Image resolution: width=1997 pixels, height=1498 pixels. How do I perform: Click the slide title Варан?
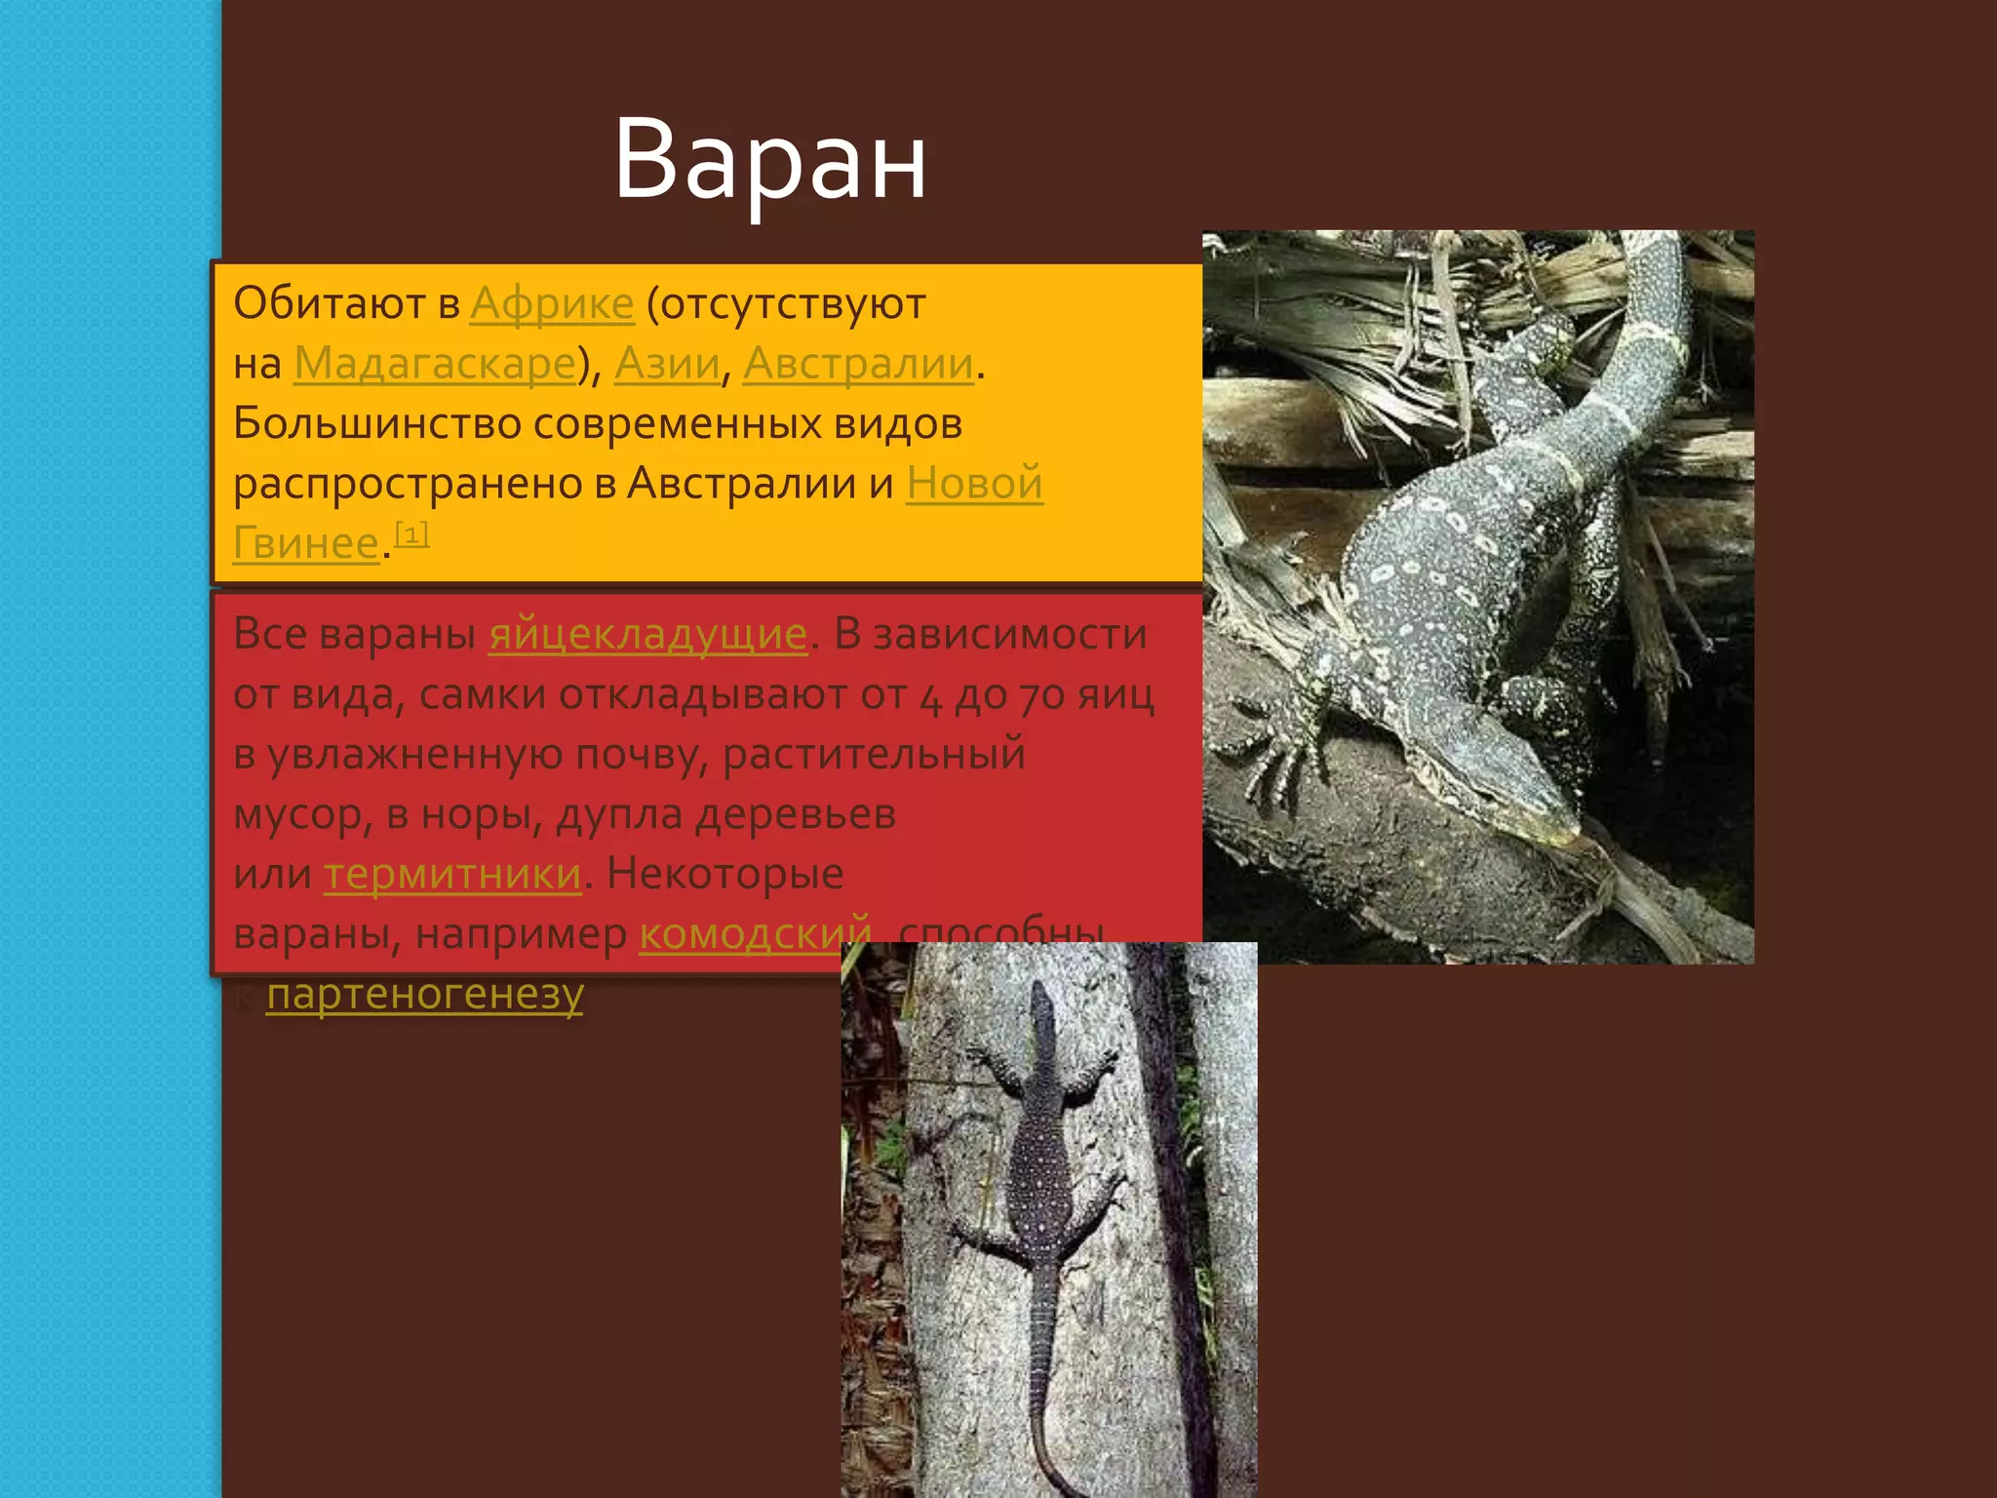click(769, 161)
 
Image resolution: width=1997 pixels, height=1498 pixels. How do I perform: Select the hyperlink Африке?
click(552, 304)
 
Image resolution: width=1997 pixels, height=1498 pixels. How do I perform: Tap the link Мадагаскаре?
click(435, 364)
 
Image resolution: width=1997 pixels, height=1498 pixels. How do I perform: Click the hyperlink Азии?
click(667, 364)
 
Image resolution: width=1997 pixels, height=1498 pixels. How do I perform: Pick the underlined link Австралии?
click(858, 364)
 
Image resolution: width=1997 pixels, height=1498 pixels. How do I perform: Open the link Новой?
click(974, 484)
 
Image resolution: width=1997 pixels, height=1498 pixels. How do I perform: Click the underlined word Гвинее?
click(305, 543)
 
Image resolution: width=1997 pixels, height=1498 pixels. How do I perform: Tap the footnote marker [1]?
click(411, 533)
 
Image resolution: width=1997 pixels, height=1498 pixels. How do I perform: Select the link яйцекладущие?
click(647, 635)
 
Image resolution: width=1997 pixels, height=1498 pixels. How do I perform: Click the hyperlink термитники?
click(452, 875)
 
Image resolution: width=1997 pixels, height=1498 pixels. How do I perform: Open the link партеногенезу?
click(425, 995)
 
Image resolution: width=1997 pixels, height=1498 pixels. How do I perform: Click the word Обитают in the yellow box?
click(330, 304)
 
